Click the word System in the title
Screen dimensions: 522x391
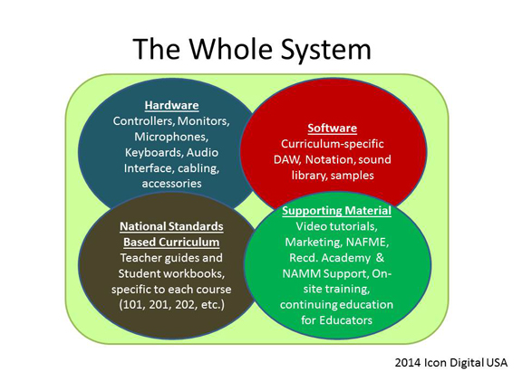(326, 49)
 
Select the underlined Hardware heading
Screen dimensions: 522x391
(172, 105)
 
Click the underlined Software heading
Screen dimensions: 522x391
(333, 129)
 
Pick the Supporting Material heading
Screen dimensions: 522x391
(336, 211)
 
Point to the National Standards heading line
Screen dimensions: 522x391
(171, 226)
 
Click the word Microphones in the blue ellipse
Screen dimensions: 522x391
(171, 137)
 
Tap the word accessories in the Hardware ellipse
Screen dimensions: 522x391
(172, 184)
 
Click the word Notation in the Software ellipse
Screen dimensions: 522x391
(329, 159)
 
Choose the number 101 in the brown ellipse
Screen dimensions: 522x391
(132, 304)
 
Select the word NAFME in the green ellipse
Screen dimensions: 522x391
(367, 242)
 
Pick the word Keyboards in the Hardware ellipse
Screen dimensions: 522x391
(154, 153)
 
